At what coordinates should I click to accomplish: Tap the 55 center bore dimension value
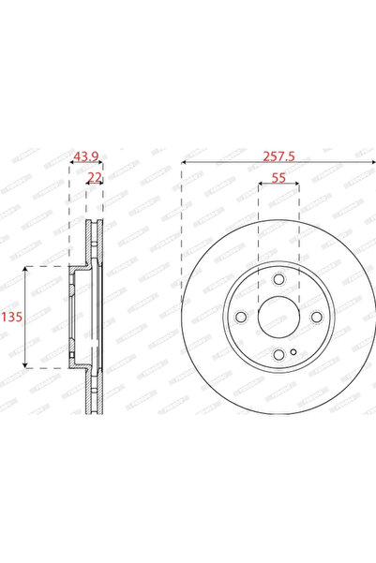pyautogui.click(x=278, y=175)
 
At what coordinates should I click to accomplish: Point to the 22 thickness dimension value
pyautogui.click(x=94, y=177)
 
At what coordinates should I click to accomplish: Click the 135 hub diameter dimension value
pyautogui.click(x=13, y=318)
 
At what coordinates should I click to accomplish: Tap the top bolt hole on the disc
pyautogui.click(x=278, y=280)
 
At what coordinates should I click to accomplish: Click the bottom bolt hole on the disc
pyautogui.click(x=278, y=353)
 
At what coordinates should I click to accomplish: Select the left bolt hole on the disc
pyautogui.click(x=242, y=317)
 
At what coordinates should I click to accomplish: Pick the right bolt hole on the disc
pyautogui.click(x=315, y=317)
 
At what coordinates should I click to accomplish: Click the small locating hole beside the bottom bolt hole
pyautogui.click(x=293, y=353)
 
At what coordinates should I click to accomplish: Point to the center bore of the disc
pyautogui.click(x=278, y=317)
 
